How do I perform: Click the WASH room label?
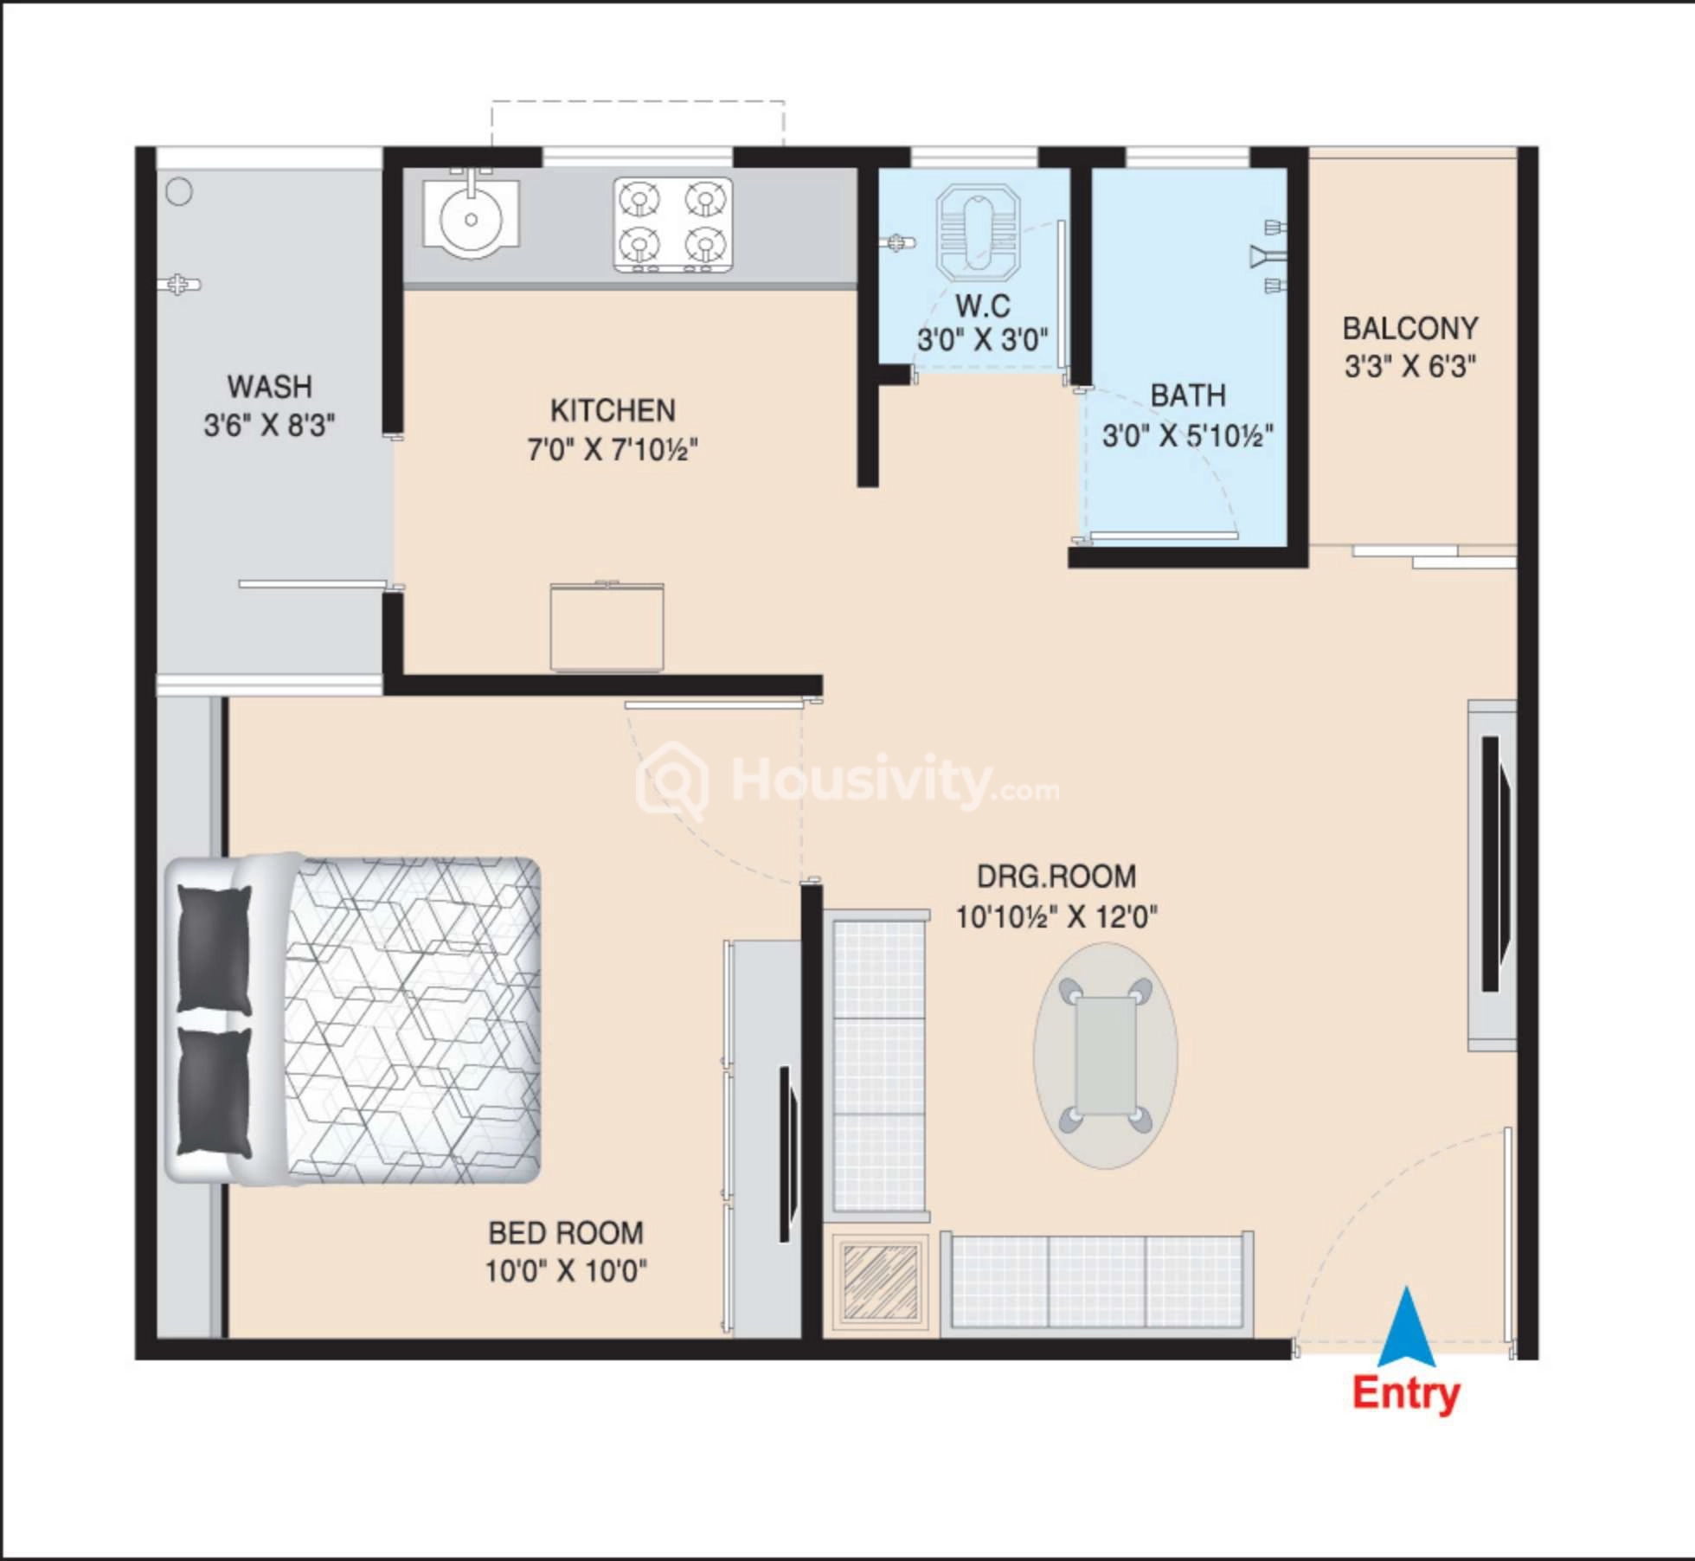pyautogui.click(x=269, y=386)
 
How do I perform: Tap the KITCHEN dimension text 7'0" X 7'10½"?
pyautogui.click(x=613, y=450)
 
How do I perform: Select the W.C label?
pyautogui.click(x=983, y=305)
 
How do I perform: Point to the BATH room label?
pyautogui.click(x=1188, y=395)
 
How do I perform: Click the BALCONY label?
pyautogui.click(x=1410, y=329)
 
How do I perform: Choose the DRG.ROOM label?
pyautogui.click(x=1056, y=877)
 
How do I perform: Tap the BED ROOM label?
pyautogui.click(x=566, y=1233)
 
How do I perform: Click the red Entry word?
pyautogui.click(x=1406, y=1393)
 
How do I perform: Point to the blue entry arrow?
pyautogui.click(x=1407, y=1328)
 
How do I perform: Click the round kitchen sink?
pyautogui.click(x=471, y=220)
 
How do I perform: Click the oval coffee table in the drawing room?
pyautogui.click(x=1105, y=1056)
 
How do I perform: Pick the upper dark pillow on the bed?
pyautogui.click(x=214, y=948)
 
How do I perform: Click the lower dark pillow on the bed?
pyautogui.click(x=214, y=1092)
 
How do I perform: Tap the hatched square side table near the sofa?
pyautogui.click(x=880, y=1282)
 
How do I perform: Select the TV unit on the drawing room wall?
pyautogui.click(x=1492, y=875)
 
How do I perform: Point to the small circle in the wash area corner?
pyautogui.click(x=179, y=191)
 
